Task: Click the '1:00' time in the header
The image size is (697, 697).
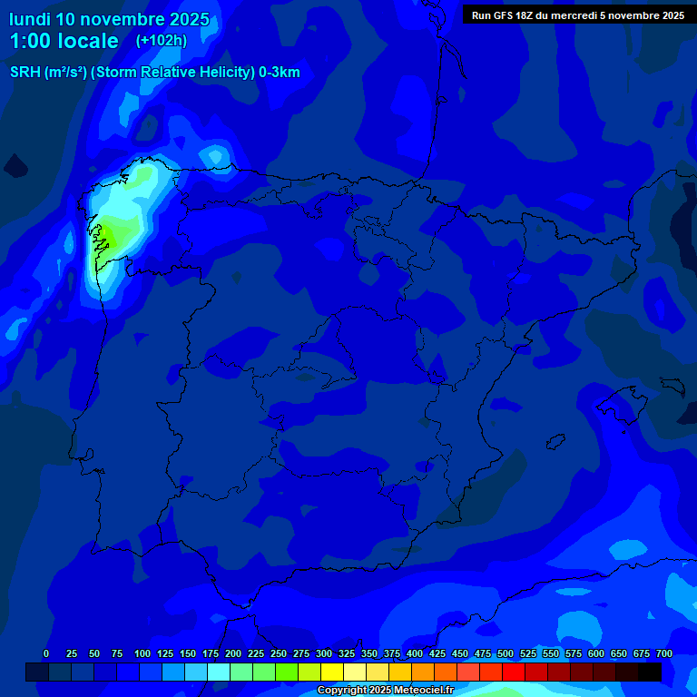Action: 31,41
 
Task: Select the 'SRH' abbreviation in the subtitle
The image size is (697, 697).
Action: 25,73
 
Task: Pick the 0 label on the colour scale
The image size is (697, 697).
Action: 46,653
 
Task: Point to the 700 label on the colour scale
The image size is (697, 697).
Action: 663,653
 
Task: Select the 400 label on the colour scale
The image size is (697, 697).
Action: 415,653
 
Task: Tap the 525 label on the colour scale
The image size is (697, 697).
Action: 528,653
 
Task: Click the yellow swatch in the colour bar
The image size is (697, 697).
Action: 332,672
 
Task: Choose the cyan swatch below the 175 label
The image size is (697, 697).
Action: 219,672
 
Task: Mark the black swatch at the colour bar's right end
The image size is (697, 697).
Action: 650,672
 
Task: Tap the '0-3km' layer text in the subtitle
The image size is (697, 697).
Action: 279,73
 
